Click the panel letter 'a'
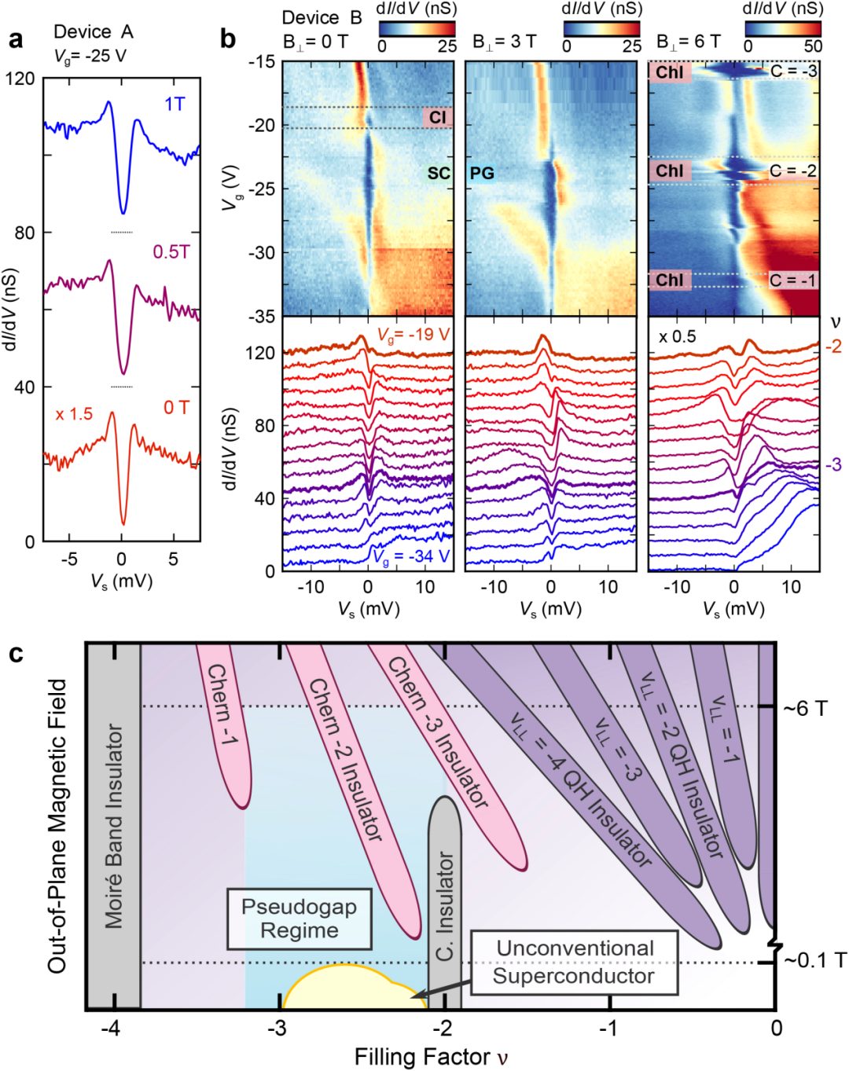pos(15,39)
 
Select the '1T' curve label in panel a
pos(175,105)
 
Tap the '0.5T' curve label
pos(171,252)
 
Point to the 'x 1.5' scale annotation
pos(74,413)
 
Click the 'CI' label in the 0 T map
pos(437,117)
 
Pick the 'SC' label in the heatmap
pos(439,173)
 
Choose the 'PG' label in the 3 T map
pos(482,173)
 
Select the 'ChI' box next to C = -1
pos(669,280)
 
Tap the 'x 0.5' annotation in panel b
pos(677,337)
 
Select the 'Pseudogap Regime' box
pos(299,919)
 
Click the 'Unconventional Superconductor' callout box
pos(574,962)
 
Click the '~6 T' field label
pos(804,709)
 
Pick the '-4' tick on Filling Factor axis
pos(113,1029)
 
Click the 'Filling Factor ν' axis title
pos(432,1057)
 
